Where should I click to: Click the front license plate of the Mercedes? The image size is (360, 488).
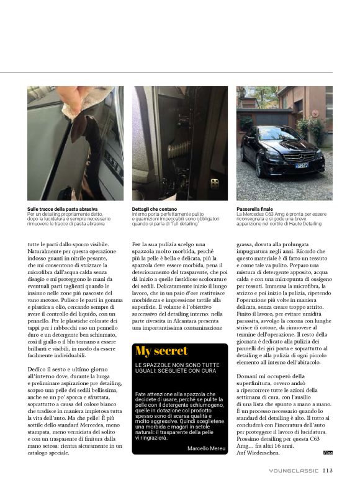coord(301,166)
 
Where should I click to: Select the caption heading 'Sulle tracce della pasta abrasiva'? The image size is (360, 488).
coord(62,210)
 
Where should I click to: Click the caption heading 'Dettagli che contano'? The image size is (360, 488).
coord(153,210)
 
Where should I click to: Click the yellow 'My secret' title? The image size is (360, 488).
coord(161,352)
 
